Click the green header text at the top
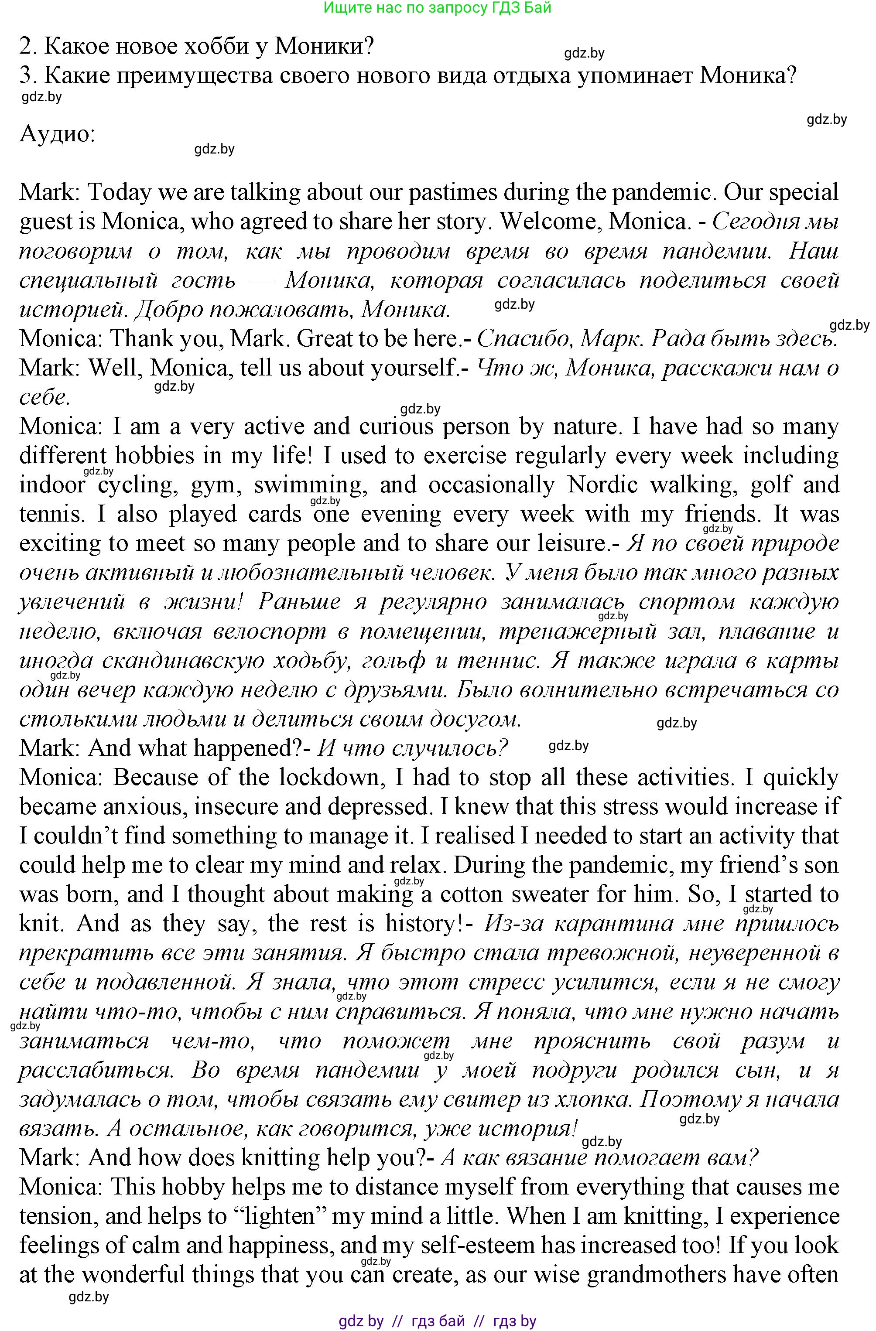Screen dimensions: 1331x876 pyautogui.click(x=438, y=7)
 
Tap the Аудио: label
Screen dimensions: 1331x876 pyautogui.click(x=57, y=134)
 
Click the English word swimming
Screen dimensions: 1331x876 pyautogui.click(x=311, y=485)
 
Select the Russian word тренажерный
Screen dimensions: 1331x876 pyautogui.click(x=577, y=632)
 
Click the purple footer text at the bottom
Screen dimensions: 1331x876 pyautogui.click(x=438, y=1321)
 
